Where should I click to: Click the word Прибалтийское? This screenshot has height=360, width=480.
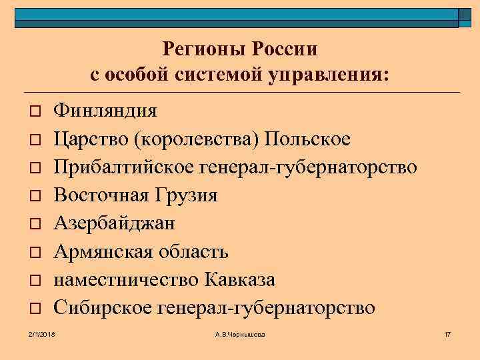(124, 167)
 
